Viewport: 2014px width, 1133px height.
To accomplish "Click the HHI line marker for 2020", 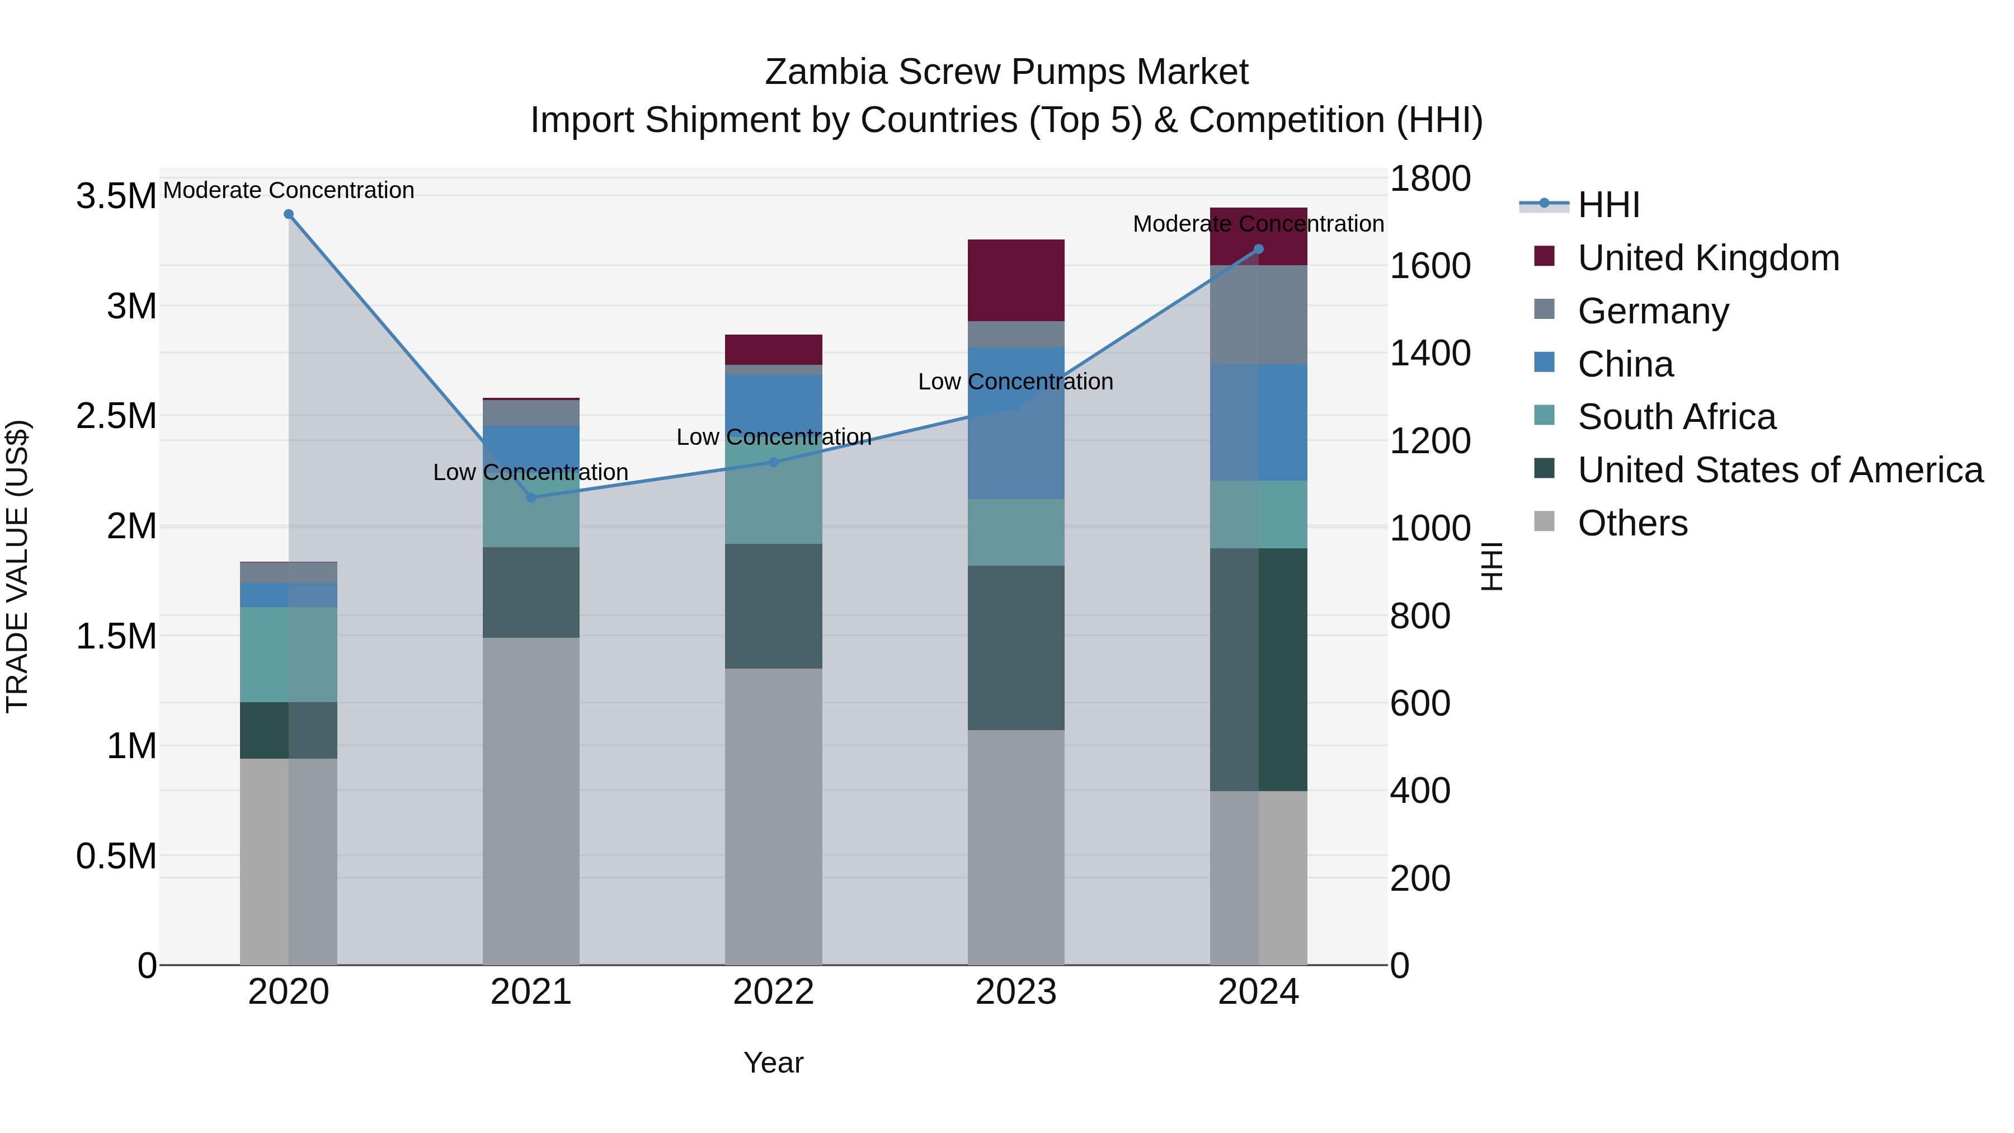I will coord(289,214).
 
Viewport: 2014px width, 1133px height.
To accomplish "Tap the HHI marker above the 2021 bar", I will coord(531,497).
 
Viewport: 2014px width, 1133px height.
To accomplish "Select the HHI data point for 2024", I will coord(1258,250).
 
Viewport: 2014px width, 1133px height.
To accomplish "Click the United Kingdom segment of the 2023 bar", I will coord(1015,280).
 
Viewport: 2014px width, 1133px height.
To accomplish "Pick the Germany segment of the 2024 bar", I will coord(1258,314).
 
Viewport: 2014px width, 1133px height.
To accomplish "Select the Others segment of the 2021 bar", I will coord(531,801).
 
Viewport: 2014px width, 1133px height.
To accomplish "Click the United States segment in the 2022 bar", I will coord(773,606).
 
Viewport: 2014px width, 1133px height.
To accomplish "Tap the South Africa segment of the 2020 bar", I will coord(289,655).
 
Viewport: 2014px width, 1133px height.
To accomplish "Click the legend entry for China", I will coord(1625,364).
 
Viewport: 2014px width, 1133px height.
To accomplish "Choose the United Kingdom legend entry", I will coord(1709,258).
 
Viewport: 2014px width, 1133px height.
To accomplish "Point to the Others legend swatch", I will coord(1544,521).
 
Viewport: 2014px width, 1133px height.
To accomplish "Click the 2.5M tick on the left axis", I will coord(116,416).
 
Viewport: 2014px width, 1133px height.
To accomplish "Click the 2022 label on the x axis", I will coord(773,992).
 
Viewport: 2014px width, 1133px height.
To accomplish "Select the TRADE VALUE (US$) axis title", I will coord(17,566).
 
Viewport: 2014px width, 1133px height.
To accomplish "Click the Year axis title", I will coord(773,1063).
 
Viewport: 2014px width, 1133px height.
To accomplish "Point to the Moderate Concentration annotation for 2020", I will coord(289,190).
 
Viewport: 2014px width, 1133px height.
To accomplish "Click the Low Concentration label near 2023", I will coord(1015,382).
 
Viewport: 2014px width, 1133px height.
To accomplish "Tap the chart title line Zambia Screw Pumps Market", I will coord(1006,72).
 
